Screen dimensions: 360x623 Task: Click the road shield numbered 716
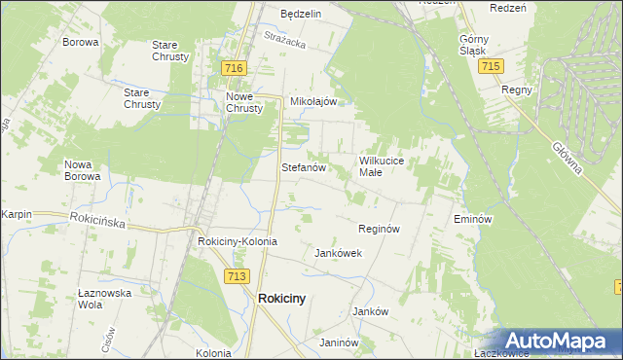(233, 68)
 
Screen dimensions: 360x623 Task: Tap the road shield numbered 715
(491, 65)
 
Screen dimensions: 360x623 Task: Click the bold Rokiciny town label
(281, 300)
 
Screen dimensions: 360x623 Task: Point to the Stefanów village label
(302, 167)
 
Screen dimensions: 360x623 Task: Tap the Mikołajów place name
(313, 101)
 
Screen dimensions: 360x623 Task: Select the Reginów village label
(379, 229)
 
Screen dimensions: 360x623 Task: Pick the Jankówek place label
(338, 253)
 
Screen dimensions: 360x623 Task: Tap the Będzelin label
(301, 15)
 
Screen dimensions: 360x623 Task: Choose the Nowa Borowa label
(82, 170)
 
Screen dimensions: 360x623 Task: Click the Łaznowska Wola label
(103, 298)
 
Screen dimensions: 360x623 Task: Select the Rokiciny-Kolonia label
(238, 241)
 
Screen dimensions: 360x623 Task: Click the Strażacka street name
(284, 40)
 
